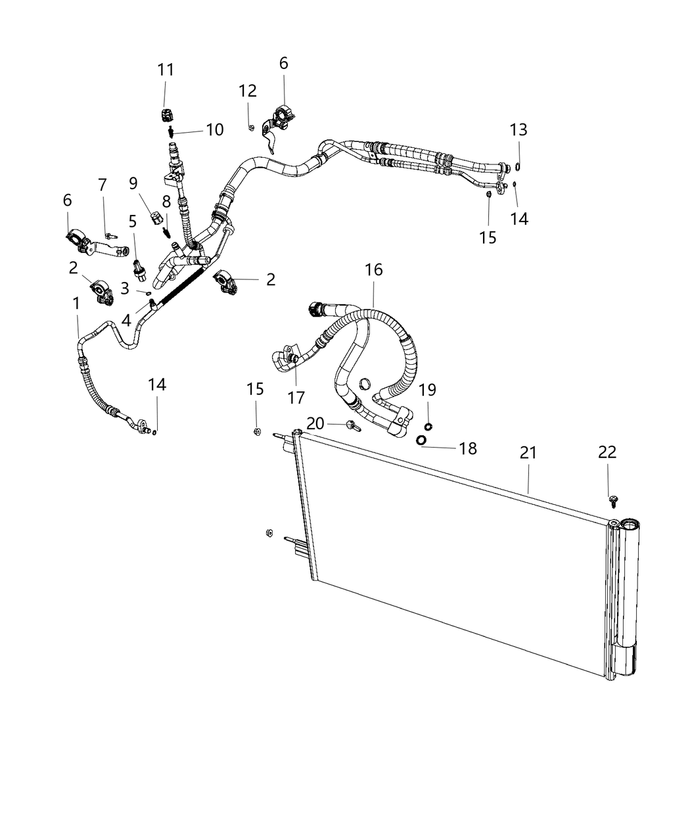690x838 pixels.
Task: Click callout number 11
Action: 166,69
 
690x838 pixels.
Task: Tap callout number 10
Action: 215,129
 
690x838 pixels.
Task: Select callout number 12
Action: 248,91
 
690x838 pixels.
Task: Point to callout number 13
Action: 518,129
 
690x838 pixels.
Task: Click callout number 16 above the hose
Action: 374,270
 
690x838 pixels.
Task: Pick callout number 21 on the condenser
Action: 528,453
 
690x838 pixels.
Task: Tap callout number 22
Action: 607,452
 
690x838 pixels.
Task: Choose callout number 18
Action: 468,448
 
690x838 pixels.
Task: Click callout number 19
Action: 428,389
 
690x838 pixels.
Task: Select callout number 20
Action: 315,423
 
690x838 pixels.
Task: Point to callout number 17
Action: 296,397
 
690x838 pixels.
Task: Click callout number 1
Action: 77,303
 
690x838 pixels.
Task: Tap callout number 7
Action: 102,185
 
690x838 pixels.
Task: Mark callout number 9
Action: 133,183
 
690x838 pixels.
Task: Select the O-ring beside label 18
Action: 421,440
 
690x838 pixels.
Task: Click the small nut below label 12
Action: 251,128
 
